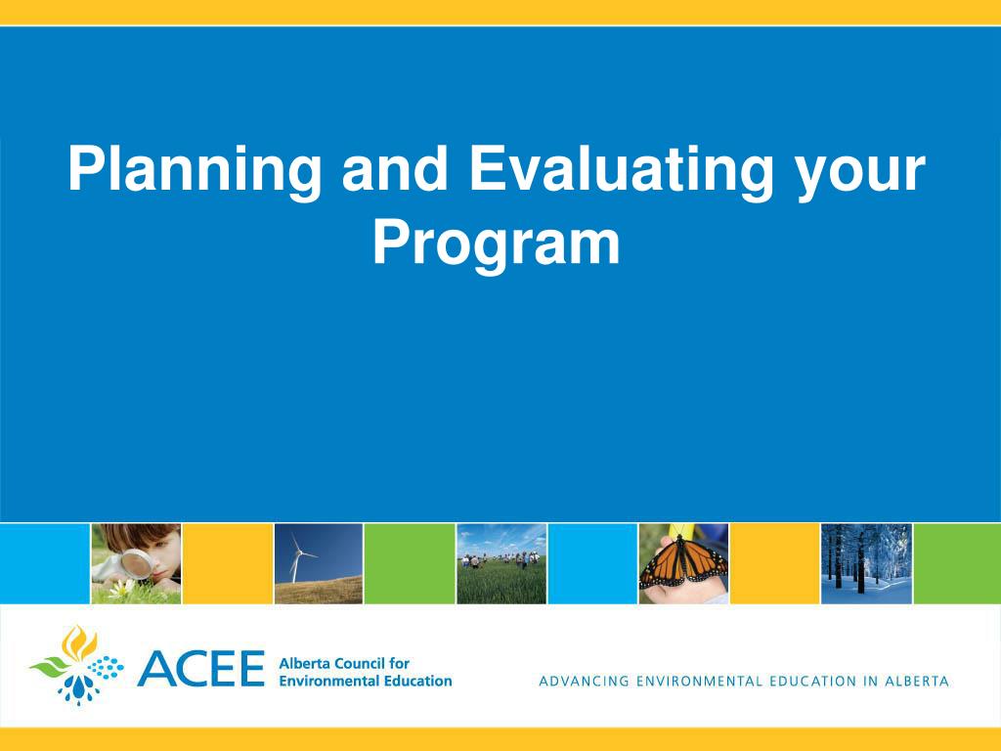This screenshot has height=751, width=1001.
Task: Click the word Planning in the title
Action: coord(195,170)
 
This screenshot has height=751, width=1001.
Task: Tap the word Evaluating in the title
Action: coord(622,170)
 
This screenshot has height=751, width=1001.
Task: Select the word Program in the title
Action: coord(496,244)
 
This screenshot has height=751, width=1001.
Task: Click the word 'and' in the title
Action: coord(395,168)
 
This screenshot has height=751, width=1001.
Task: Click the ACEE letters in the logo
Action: coord(200,669)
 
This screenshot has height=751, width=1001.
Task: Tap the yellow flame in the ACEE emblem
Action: coord(79,643)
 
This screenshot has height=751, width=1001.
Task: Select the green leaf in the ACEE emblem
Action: coord(51,667)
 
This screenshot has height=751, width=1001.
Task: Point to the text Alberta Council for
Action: coord(344,664)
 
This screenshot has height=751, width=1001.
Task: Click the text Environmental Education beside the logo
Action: coord(366,681)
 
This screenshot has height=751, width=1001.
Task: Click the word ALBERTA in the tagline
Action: coord(916,682)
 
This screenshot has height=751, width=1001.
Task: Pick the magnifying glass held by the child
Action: coord(137,564)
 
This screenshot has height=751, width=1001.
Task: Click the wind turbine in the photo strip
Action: coord(299,556)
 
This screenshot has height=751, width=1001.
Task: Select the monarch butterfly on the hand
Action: coord(683,562)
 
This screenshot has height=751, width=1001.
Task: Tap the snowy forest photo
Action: coord(866,564)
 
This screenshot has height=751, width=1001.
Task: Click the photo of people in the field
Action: coord(501,564)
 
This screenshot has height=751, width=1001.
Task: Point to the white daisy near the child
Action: coord(121,588)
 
